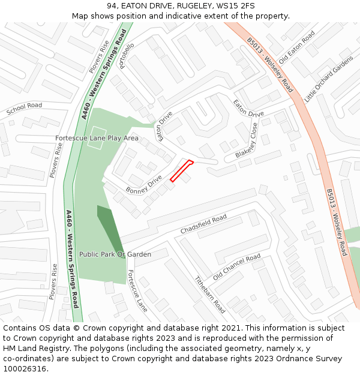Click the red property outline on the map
click(181, 170)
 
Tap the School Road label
click(24, 109)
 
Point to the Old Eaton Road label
click(297, 45)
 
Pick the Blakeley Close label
click(247, 141)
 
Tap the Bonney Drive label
click(144, 185)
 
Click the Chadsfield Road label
click(203, 224)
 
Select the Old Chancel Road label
click(236, 267)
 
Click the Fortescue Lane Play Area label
click(97, 138)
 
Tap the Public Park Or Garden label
click(115, 254)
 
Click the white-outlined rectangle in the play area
click(97, 139)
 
